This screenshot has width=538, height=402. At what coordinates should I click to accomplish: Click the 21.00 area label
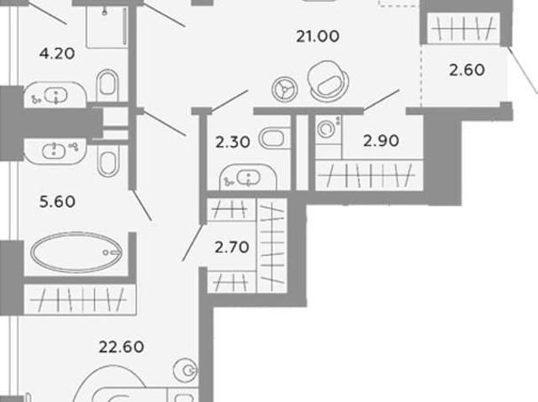[x=318, y=36]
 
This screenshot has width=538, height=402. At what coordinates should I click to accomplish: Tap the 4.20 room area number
[x=57, y=54]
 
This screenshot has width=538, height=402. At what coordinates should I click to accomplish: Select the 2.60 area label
[x=467, y=70]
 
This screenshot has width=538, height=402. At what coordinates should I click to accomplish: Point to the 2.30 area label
[x=233, y=142]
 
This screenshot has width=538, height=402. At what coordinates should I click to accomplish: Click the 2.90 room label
[x=381, y=141]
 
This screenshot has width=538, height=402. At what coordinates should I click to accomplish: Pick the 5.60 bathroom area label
[x=57, y=201]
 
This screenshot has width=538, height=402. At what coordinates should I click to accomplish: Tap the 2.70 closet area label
[x=232, y=248]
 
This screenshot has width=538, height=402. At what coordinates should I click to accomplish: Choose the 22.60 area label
[x=121, y=347]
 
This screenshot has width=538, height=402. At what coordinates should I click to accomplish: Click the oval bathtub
[x=76, y=253]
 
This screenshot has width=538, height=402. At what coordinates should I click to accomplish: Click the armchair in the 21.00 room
[x=328, y=81]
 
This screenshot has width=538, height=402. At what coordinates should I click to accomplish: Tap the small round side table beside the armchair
[x=284, y=89]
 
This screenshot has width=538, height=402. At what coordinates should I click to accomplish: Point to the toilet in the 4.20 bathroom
[x=108, y=84]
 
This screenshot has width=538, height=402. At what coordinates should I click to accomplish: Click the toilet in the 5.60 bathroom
[x=108, y=160]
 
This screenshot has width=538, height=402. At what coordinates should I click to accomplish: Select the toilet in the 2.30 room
[x=274, y=138]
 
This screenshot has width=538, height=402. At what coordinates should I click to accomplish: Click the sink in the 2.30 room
[x=249, y=178]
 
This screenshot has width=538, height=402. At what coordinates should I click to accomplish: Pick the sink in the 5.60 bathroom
[x=54, y=151]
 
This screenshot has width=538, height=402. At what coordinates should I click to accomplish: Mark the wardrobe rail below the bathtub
[x=80, y=300]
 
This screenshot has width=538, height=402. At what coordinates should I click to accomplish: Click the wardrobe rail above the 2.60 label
[x=463, y=29]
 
